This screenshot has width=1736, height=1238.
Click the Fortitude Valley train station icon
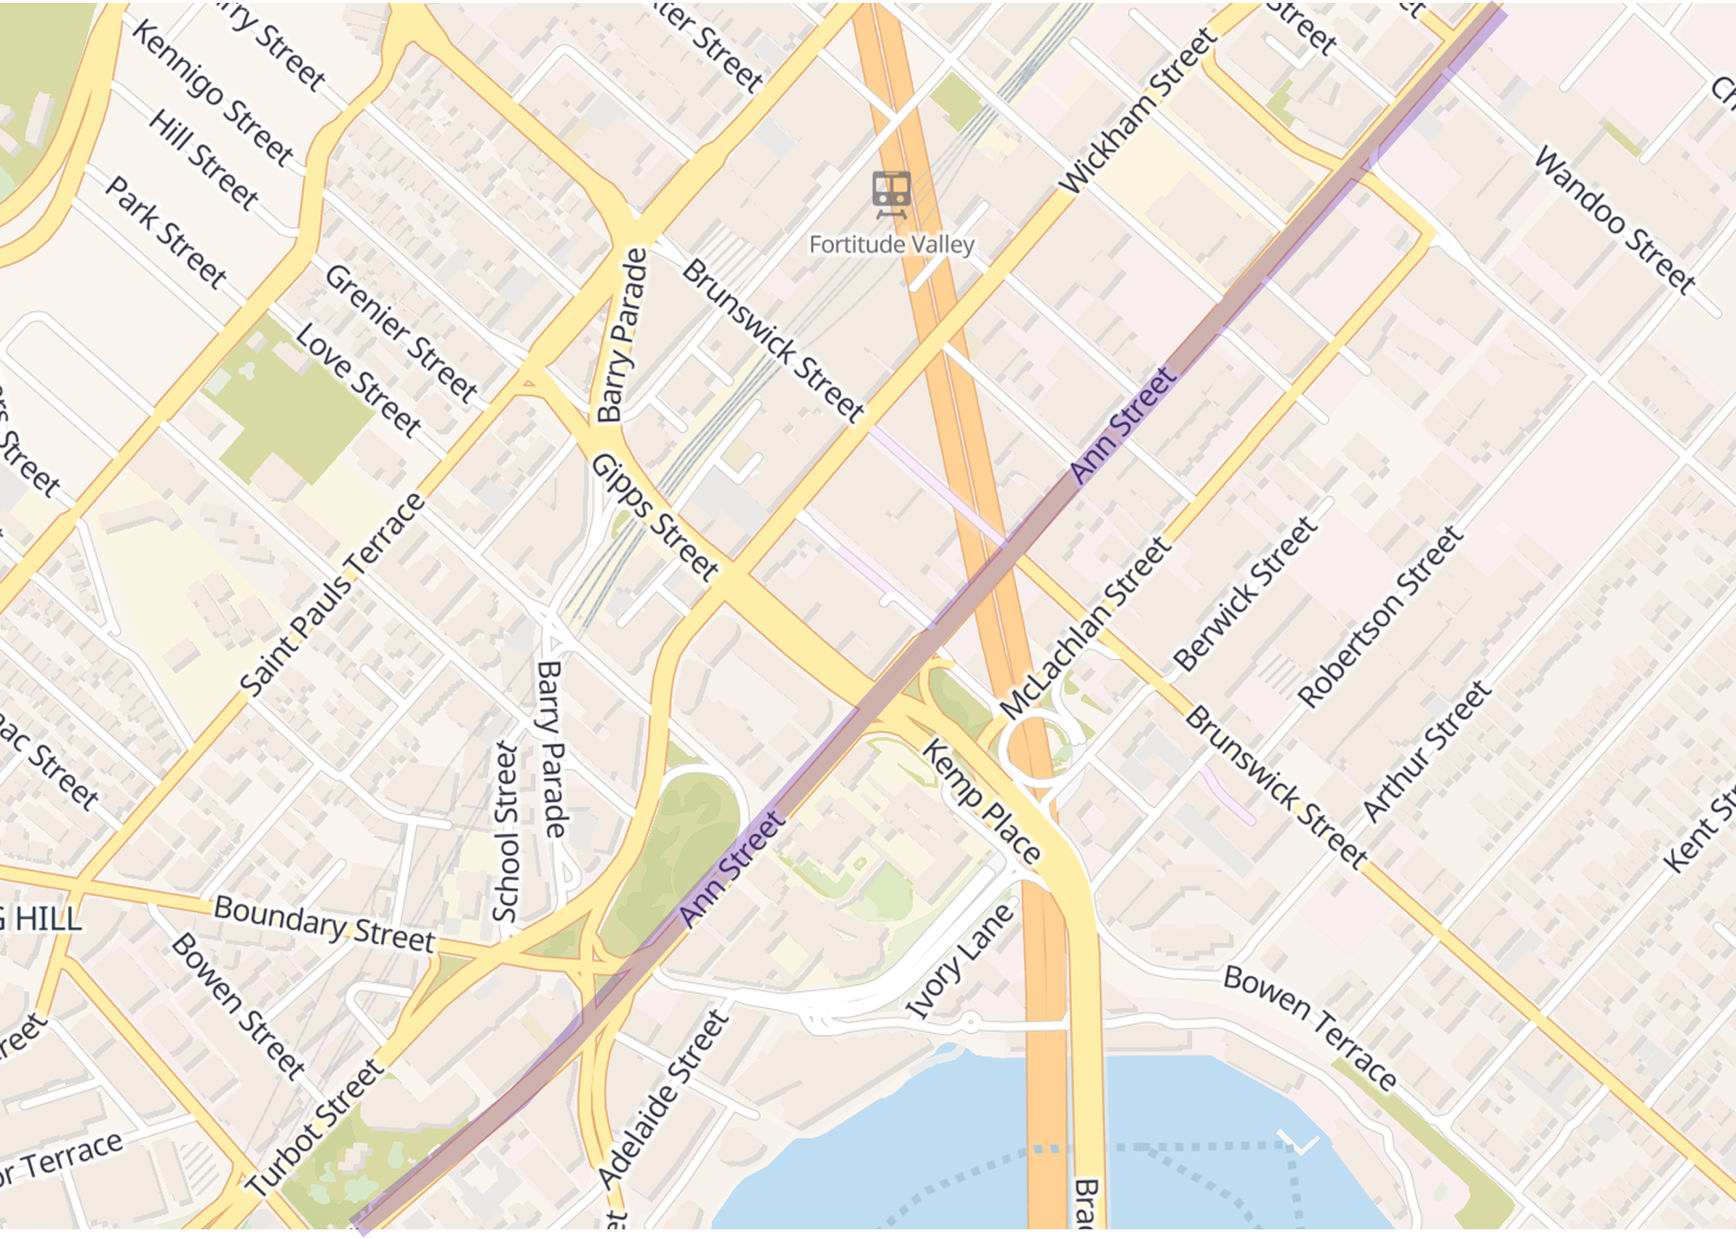coord(891,194)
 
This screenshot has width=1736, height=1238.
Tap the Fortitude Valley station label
coord(891,244)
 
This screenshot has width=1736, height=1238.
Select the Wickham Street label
coord(1139,111)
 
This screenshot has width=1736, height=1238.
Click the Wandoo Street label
coord(1614,221)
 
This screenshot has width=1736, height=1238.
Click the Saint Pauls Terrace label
coord(333,594)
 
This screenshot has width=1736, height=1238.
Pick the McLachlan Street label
coord(1086,628)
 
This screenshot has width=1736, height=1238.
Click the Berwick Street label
coord(1245,594)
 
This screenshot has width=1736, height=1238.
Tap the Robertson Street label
coord(1381,616)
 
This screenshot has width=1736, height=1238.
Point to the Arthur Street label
coord(1426,751)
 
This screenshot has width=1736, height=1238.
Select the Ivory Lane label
coord(960,960)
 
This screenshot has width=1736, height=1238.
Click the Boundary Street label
coord(325,924)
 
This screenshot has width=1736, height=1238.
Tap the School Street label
coord(506,832)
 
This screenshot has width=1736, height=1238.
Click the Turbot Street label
coord(315,1127)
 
